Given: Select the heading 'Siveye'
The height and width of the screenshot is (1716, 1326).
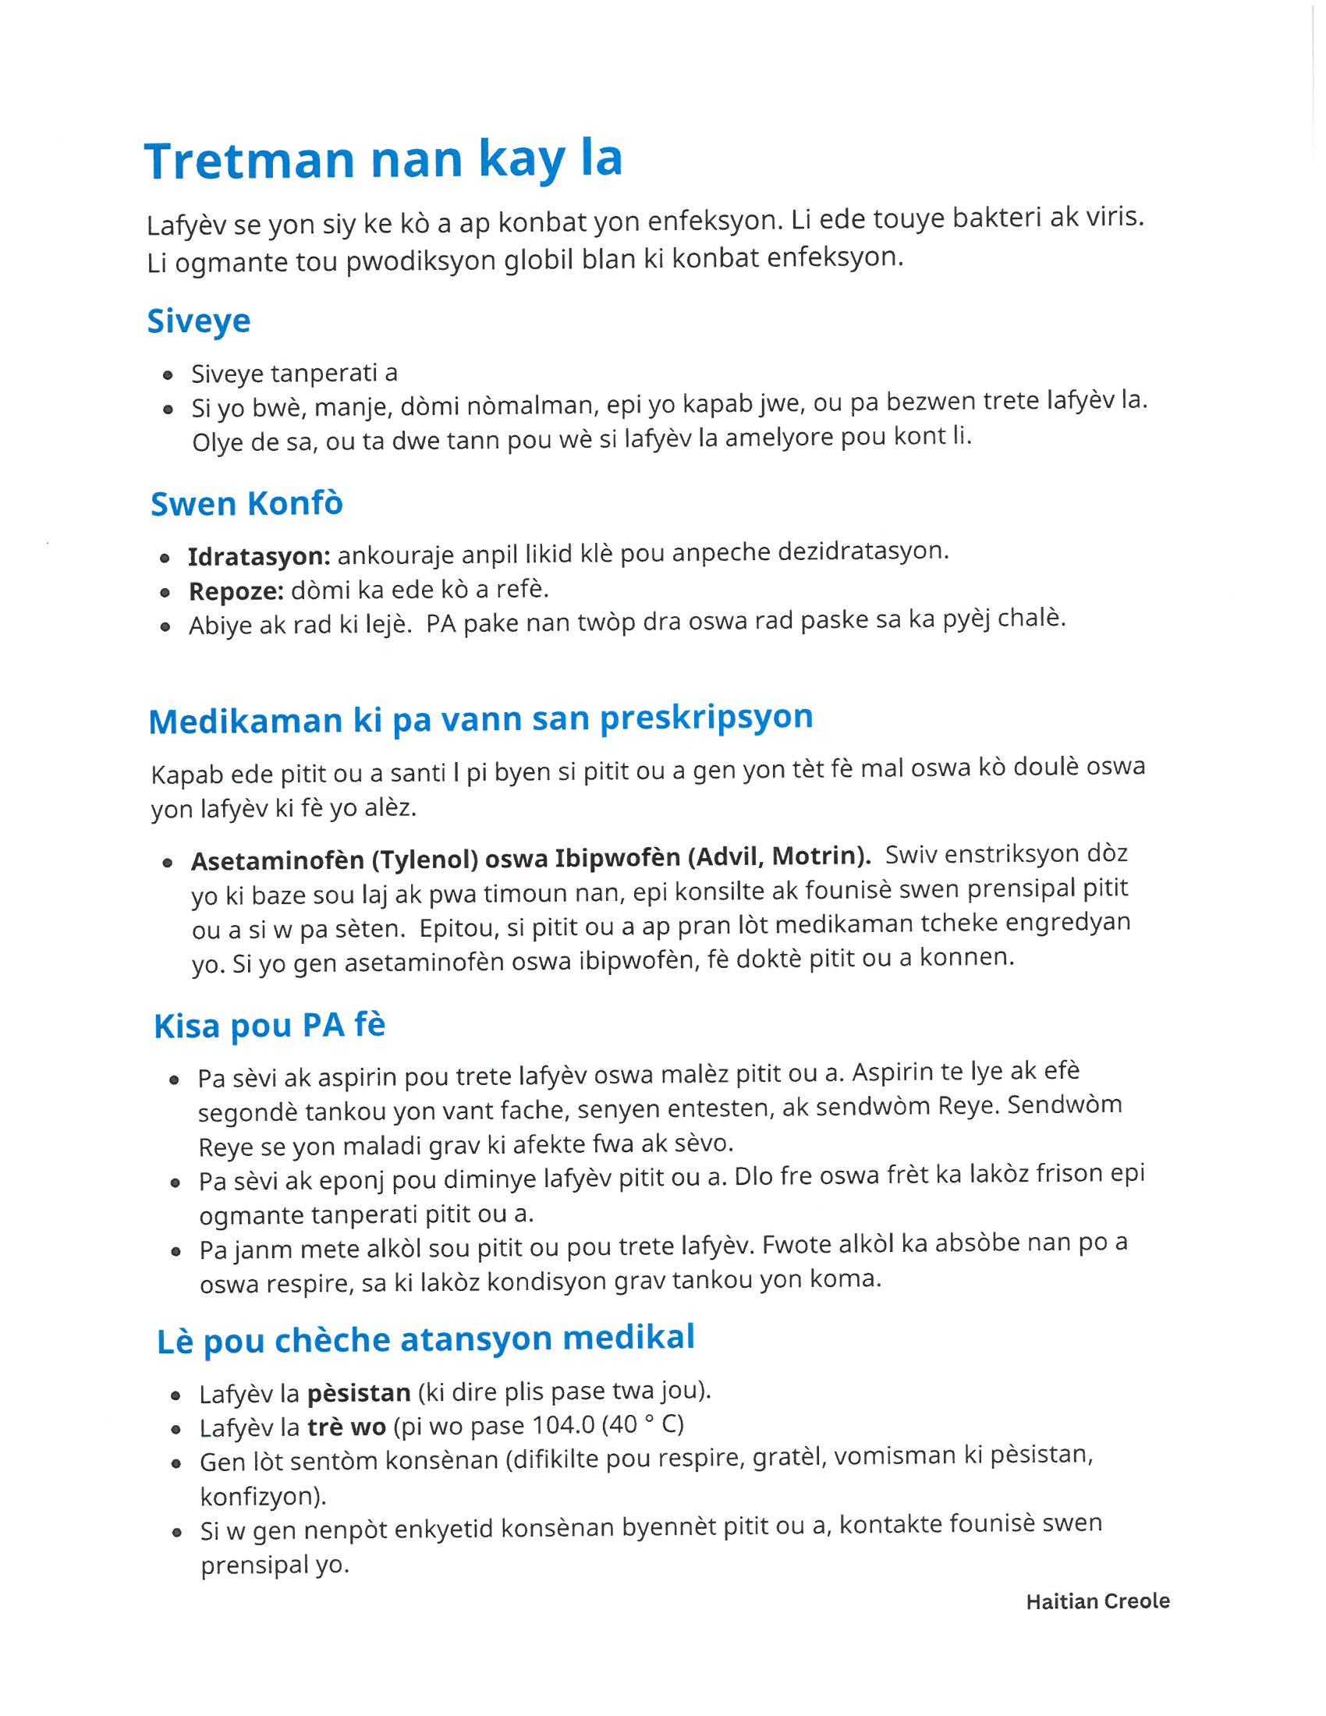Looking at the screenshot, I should [x=199, y=321].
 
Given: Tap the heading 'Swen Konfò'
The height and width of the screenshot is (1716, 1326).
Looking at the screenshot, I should [x=246, y=504].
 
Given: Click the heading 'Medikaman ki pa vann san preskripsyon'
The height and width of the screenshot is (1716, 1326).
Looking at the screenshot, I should [x=480, y=719].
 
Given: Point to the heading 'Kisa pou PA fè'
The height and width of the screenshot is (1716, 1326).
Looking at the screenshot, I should [x=269, y=1026].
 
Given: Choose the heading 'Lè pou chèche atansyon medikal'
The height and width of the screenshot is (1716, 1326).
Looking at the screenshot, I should [x=426, y=1338].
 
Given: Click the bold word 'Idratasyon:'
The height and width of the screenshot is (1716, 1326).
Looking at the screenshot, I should [x=258, y=556].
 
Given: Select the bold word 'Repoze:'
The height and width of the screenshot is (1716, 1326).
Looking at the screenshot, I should [x=236, y=591].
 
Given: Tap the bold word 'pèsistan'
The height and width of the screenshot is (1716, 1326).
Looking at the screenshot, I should [x=358, y=1393].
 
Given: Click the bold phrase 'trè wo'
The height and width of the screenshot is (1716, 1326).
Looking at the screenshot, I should [x=346, y=1427].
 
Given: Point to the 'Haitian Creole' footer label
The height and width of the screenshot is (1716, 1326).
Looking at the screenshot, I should [x=1097, y=1601].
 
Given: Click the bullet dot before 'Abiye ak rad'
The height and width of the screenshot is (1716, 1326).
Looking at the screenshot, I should [x=165, y=627].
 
